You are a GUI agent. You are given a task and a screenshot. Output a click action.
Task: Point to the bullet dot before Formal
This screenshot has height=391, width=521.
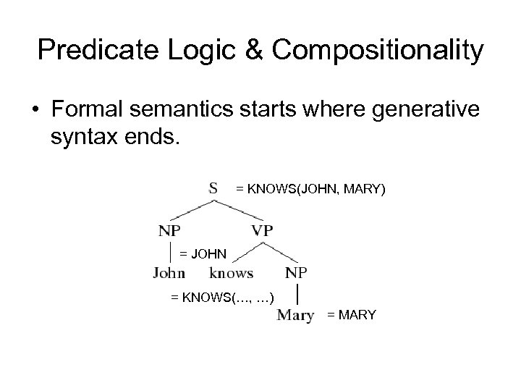pos(35,113)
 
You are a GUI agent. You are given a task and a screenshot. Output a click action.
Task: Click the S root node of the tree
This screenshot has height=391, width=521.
pos(214,188)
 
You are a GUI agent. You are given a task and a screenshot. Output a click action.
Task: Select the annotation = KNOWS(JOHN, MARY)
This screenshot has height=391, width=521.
pos(311,189)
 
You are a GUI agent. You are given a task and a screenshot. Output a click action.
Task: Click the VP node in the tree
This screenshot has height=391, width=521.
pos(263,231)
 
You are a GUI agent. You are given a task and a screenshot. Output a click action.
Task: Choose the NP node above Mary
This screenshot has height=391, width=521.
pos(297,273)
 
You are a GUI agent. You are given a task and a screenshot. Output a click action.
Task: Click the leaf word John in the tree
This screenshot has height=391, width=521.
pos(169,273)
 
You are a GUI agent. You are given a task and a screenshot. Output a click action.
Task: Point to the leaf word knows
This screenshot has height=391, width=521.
pos(231,273)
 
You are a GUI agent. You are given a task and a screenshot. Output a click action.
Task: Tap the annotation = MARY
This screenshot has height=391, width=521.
pos(352,315)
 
